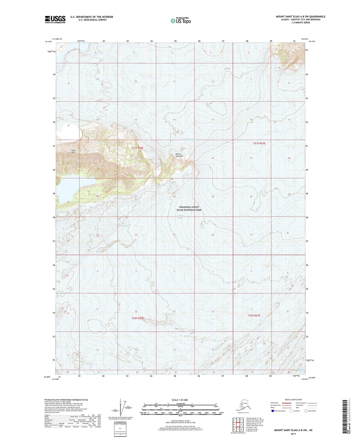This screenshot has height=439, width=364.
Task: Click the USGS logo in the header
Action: pyautogui.click(x=55, y=19)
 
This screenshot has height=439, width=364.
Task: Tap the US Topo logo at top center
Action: pyautogui.click(x=180, y=20)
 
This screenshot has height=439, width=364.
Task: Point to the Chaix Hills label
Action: pyautogui.click(x=73, y=151)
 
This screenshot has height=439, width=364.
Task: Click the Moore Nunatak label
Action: pyautogui.click(x=179, y=155)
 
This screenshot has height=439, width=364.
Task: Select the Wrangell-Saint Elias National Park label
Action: pyautogui.click(x=189, y=208)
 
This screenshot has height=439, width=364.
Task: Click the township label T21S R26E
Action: pyautogui.click(x=137, y=148)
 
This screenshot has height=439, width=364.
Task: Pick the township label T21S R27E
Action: pyautogui.click(x=259, y=143)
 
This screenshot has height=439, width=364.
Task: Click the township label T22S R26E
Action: pyautogui.click(x=138, y=318)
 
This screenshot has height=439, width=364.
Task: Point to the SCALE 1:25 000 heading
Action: pyautogui.click(x=180, y=400)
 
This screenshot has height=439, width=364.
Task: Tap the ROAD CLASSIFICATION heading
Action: pyautogui.click(x=293, y=400)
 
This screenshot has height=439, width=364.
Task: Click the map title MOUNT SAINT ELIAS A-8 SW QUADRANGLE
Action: pyautogui.click(x=301, y=17)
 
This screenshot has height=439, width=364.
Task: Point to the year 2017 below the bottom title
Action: pyautogui.click(x=293, y=434)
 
